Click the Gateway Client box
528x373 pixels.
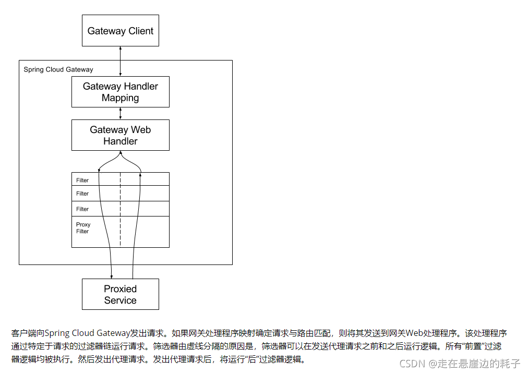[x=121, y=31]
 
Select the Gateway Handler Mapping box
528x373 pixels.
[x=121, y=92]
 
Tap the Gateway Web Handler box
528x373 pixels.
[x=121, y=135]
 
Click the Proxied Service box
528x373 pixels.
[x=121, y=294]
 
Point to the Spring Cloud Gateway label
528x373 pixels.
[x=58, y=69]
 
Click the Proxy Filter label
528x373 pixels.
[x=83, y=228]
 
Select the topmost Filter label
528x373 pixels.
[x=82, y=181]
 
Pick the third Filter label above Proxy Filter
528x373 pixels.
[x=82, y=209]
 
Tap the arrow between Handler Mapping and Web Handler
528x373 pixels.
[x=121, y=113]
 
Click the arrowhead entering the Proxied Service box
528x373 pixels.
[x=111, y=276]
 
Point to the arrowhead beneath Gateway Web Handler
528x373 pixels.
[x=121, y=153]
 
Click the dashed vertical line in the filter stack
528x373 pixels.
[x=121, y=219]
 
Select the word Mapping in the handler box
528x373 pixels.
[x=121, y=98]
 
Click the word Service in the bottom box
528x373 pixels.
[x=121, y=300]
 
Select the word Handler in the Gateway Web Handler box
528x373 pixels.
[x=121, y=141]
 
